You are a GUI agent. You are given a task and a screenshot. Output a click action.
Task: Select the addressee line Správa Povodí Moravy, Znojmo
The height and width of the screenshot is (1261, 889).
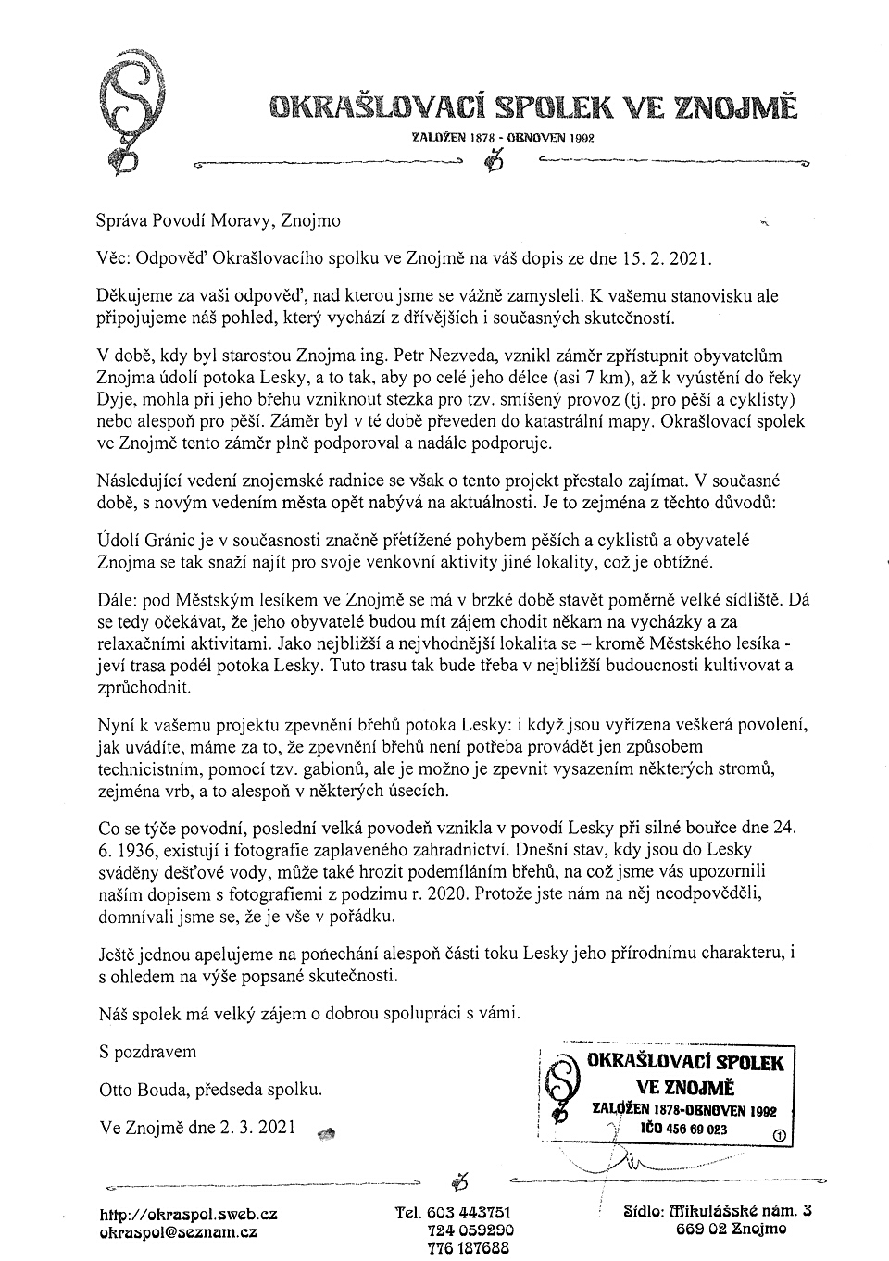click(219, 220)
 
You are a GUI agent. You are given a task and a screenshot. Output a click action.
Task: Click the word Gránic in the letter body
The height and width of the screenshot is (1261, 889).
click(170, 540)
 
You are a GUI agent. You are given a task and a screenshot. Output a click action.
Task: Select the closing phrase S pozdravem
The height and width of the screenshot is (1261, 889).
click(147, 1052)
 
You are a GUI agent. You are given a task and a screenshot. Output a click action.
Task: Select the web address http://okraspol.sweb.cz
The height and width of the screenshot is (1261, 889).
click(189, 1214)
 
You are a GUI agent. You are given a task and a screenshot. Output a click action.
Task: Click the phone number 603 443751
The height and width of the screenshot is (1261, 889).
click(469, 1213)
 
